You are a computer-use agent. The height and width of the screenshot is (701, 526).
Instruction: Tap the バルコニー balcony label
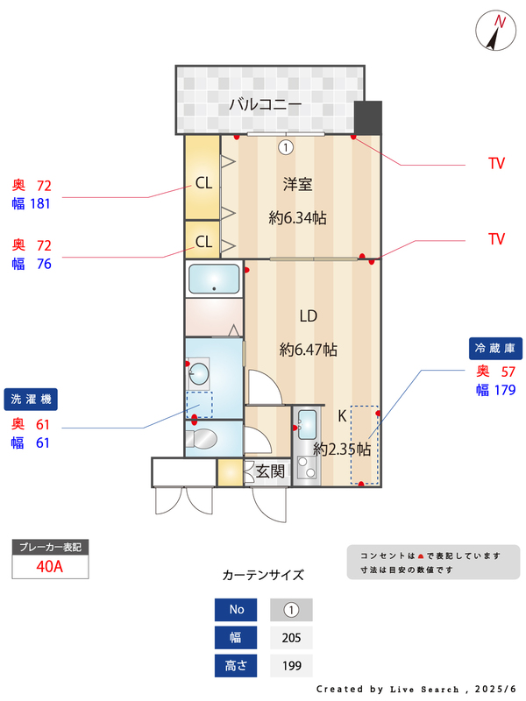[x=266, y=104]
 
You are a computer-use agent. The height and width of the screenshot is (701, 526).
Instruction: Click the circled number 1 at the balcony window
[x=285, y=147]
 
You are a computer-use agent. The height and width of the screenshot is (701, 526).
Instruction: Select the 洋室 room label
[x=298, y=185]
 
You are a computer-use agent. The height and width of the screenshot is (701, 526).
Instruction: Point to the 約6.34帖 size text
[x=297, y=217]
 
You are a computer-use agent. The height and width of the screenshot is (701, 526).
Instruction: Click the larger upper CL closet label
[x=203, y=184]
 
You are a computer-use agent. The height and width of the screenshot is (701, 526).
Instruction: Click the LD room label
[x=308, y=316]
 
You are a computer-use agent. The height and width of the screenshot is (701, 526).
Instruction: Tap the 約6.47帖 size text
[x=309, y=349]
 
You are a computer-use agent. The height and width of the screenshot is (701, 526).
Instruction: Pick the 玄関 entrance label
[x=270, y=471]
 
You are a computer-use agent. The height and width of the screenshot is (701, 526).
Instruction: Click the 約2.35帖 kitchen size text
[x=342, y=449]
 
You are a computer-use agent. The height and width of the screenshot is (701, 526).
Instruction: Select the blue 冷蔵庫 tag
[x=497, y=348]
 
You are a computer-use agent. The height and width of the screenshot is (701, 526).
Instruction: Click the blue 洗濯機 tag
[x=32, y=399]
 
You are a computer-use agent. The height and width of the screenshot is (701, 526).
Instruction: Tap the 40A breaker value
[x=50, y=566]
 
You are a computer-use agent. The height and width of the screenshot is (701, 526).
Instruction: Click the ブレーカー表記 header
[x=50, y=547]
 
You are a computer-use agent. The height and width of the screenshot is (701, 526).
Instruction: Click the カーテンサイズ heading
[x=263, y=576]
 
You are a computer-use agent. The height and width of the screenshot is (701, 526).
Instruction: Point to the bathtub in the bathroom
[x=214, y=279]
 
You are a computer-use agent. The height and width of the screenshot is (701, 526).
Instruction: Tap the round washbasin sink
[x=199, y=374]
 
